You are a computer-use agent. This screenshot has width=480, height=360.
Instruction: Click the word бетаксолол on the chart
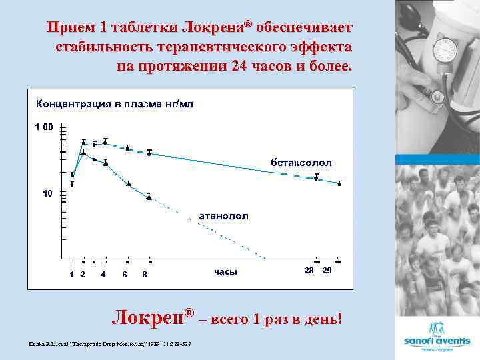[x=301, y=163]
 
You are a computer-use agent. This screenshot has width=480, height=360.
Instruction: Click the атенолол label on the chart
[x=223, y=216]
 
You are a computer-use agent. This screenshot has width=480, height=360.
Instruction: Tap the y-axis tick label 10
[x=47, y=194]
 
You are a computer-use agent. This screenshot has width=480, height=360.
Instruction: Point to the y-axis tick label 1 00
[x=44, y=127]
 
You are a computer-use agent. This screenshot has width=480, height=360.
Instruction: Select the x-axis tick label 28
[x=309, y=271]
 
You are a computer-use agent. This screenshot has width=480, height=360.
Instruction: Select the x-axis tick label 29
[x=327, y=271]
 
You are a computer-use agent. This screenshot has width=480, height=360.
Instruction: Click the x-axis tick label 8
[x=145, y=275]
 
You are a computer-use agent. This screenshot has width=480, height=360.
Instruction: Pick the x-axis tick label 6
[x=125, y=275]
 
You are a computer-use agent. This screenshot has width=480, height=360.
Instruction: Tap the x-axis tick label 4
[x=103, y=275]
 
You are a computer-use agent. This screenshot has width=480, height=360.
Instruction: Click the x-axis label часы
[x=225, y=272]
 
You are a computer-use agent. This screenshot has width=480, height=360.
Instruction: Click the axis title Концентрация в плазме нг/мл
[x=114, y=105]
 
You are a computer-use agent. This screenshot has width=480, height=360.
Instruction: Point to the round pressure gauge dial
[x=445, y=49]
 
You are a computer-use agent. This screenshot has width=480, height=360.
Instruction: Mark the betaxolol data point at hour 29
[x=339, y=183]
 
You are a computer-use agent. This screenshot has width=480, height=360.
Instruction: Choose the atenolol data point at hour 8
[x=149, y=196]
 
